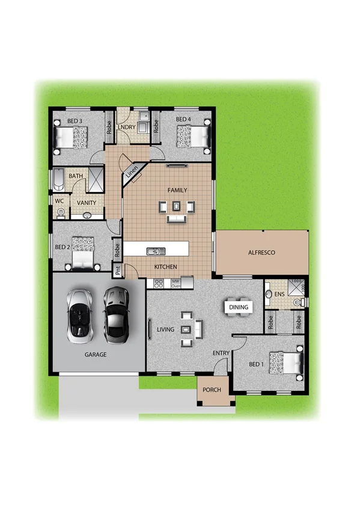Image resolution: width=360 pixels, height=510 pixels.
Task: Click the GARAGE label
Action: (x=95, y=355)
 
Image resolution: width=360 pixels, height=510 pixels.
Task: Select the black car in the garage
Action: (x=115, y=312)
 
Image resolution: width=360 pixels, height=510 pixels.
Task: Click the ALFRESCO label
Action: (x=261, y=253)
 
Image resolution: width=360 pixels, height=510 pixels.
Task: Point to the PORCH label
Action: (x=212, y=390)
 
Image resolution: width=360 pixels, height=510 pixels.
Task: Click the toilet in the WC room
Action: (x=60, y=212)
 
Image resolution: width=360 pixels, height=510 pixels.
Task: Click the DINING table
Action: (x=238, y=307)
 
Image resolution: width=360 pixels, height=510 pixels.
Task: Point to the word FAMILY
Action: (x=177, y=191)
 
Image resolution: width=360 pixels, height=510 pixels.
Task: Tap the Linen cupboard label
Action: (x=133, y=171)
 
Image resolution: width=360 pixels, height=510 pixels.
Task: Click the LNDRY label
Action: (x=126, y=127)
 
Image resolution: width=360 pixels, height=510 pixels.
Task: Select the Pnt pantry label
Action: (x=118, y=271)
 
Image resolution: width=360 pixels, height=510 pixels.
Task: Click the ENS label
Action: (x=278, y=295)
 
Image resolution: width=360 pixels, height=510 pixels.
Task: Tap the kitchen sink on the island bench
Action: (x=154, y=251)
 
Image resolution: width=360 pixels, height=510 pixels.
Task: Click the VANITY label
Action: (x=87, y=203)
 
